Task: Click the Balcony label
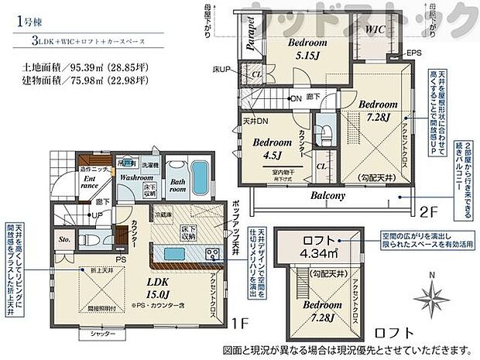[328, 197]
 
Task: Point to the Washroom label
[135, 177]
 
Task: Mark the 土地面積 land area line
[74, 67]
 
